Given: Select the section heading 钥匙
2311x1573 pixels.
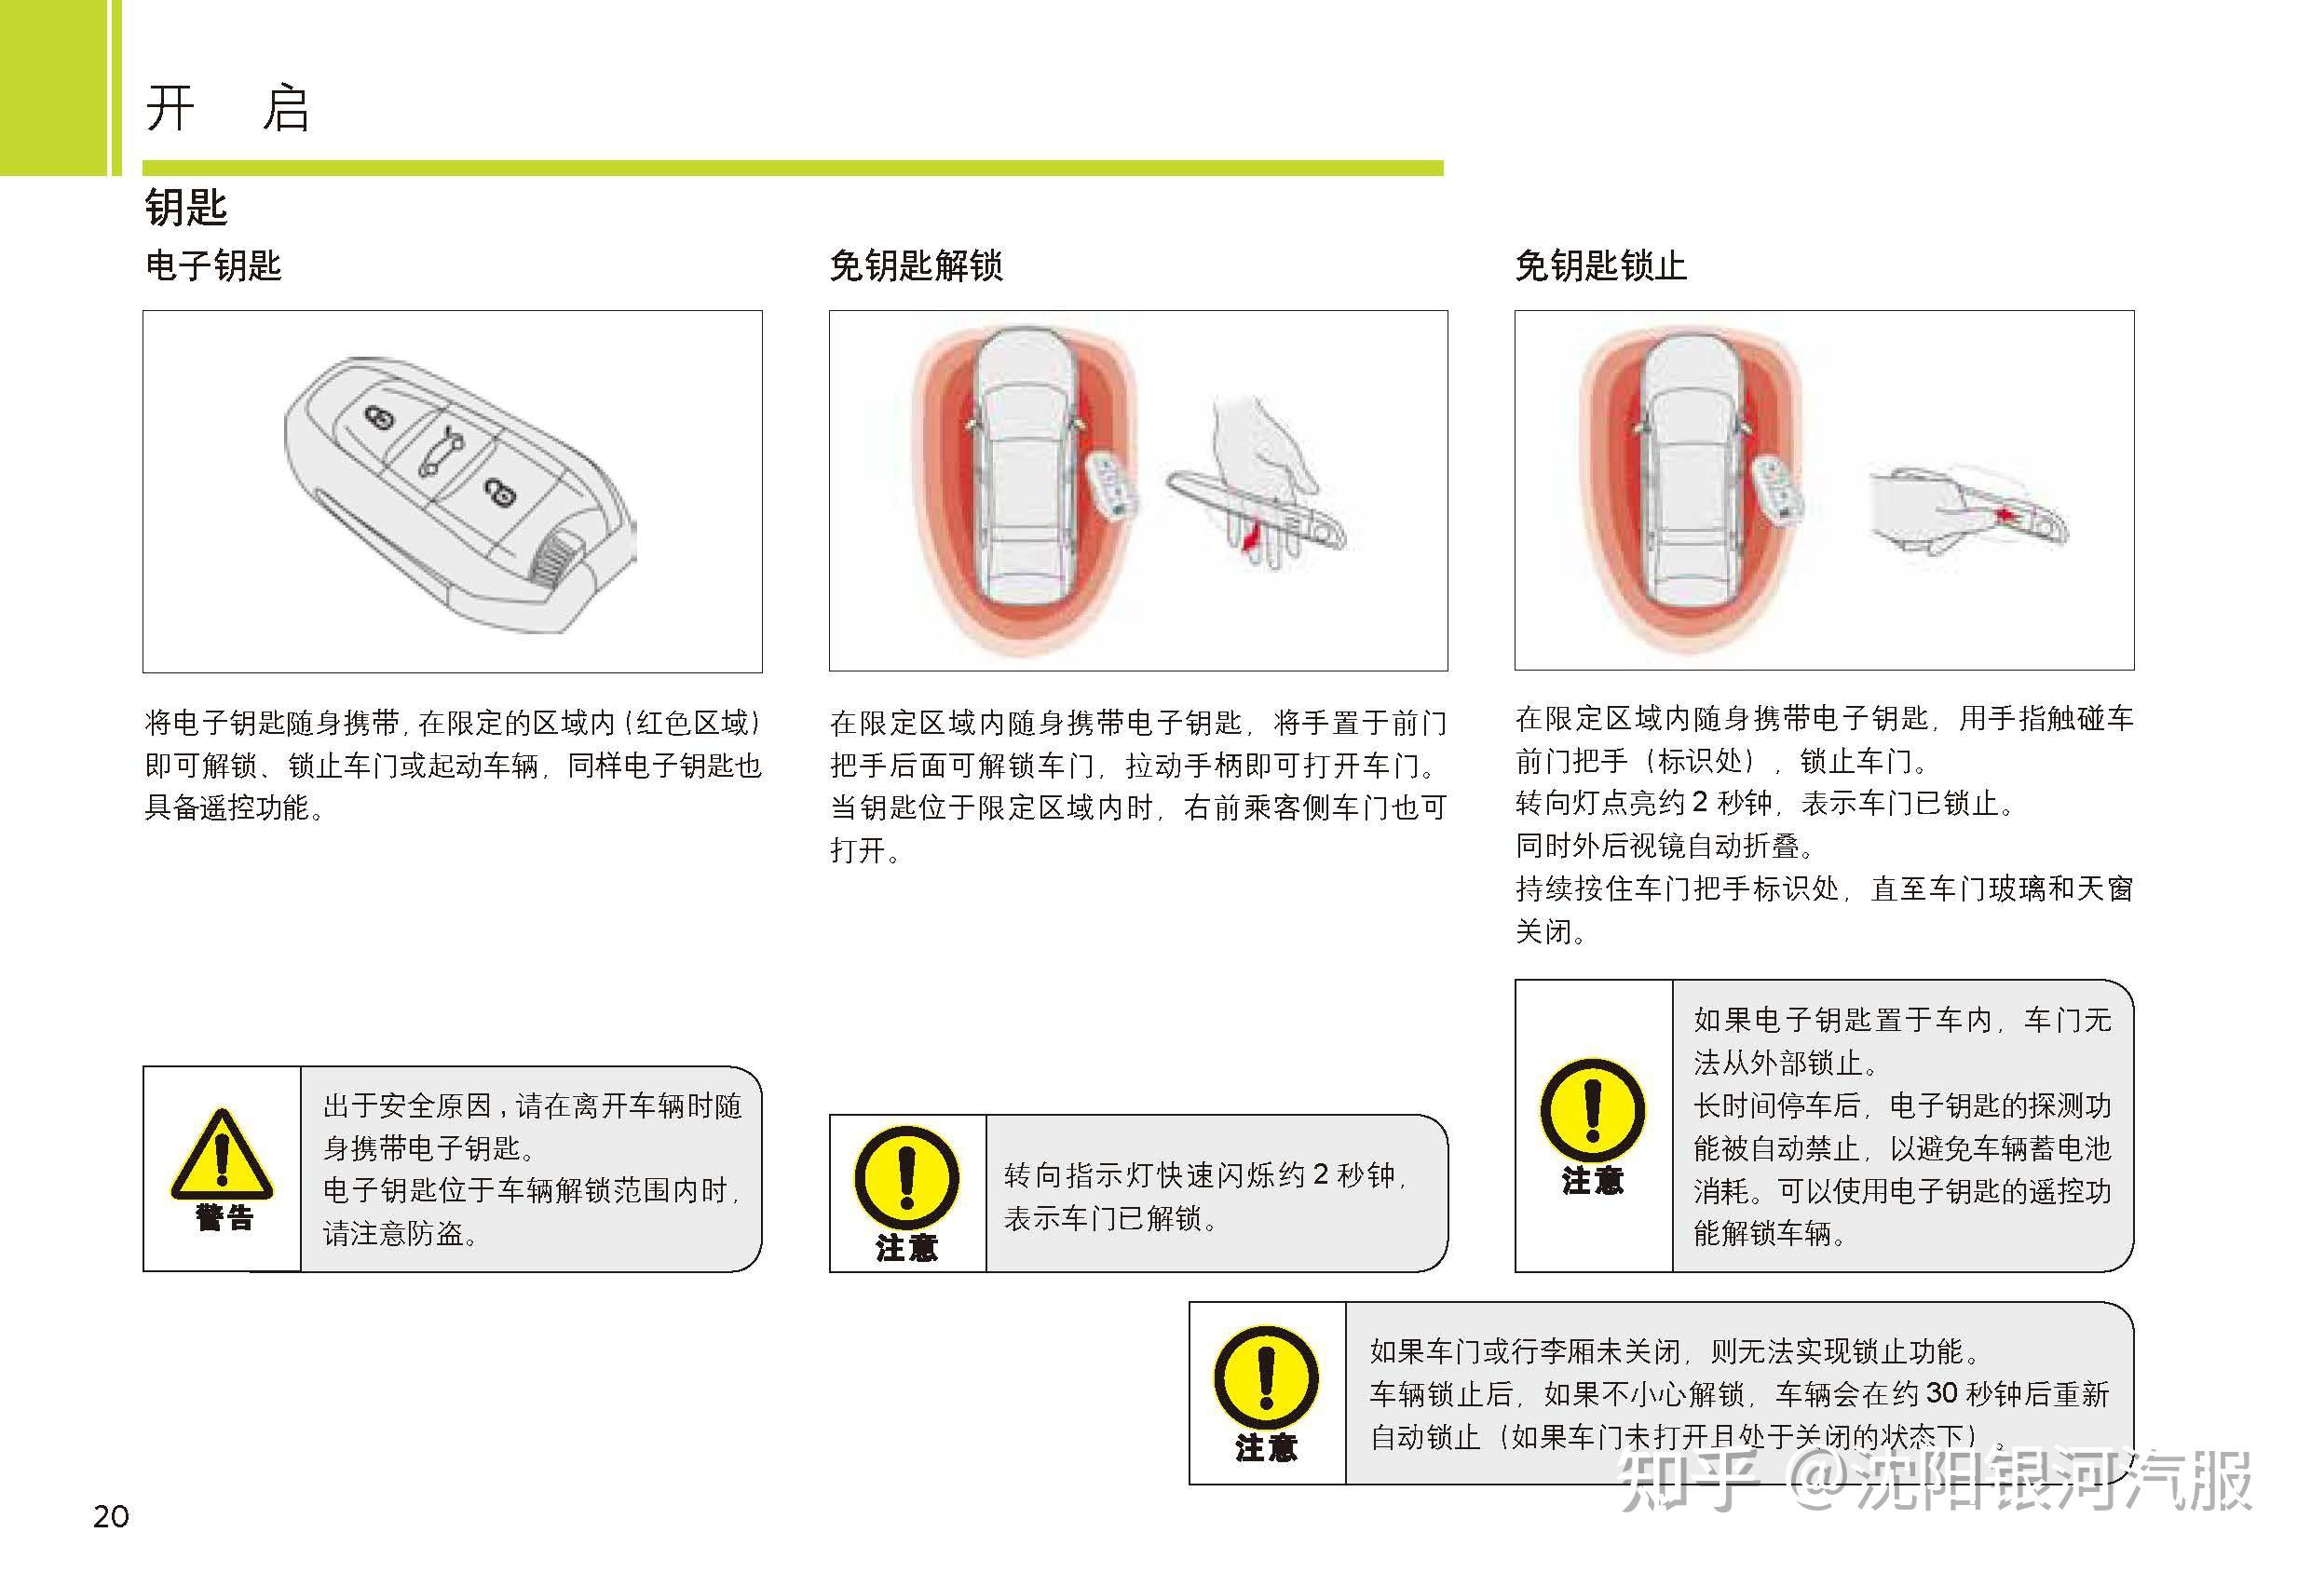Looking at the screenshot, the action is pyautogui.click(x=186, y=208).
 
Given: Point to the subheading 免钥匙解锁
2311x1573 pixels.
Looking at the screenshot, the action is pyautogui.click(x=916, y=265).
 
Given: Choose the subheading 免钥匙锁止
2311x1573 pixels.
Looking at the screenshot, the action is pyautogui.click(x=1601, y=265).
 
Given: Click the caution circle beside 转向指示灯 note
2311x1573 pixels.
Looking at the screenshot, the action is pyautogui.click(x=906, y=1177).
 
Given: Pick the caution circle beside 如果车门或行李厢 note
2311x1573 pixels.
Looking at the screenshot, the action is pyautogui.click(x=1266, y=1379).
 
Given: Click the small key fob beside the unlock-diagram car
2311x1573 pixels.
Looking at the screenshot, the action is pyautogui.click(x=1113, y=484).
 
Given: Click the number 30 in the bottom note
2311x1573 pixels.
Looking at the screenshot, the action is pyautogui.click(x=1942, y=1393).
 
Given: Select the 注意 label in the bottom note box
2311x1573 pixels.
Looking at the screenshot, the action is pyautogui.click(x=1266, y=1447).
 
